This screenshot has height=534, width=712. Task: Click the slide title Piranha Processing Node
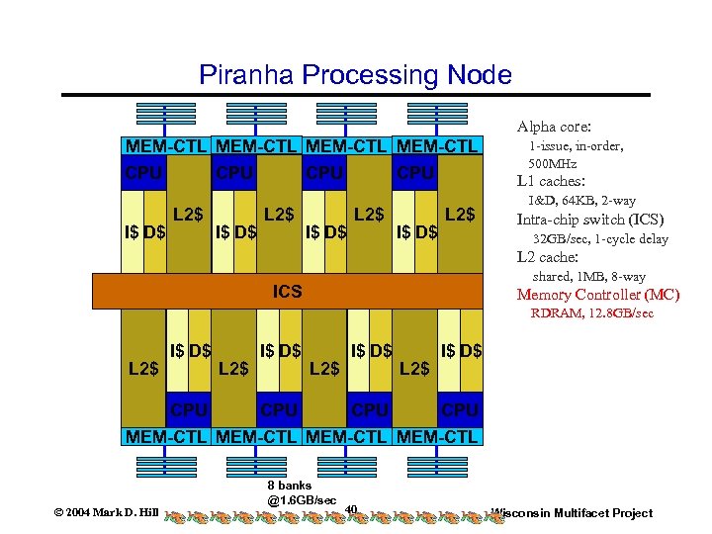coord(355,74)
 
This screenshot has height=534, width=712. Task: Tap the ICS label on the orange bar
coord(288,292)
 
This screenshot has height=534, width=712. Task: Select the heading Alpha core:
coord(554,127)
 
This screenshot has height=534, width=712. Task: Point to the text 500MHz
coord(553,163)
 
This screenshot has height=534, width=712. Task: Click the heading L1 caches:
coord(552,181)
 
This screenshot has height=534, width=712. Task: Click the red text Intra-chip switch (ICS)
coord(590,220)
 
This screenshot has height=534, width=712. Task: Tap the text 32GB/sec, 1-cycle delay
coord(600,238)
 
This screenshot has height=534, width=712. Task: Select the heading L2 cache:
coord(550,257)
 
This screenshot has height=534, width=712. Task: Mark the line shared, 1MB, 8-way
coord(588,276)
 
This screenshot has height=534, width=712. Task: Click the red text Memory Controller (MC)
coord(598,295)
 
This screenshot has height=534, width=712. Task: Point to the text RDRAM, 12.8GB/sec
coord(591,313)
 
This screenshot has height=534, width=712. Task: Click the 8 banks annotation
coord(289,486)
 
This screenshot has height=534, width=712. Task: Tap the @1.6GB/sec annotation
coord(302,500)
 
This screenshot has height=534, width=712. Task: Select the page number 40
coord(351,510)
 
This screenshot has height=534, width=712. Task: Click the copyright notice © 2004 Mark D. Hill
coord(106,513)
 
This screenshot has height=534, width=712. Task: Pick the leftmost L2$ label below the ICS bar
coord(143,369)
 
